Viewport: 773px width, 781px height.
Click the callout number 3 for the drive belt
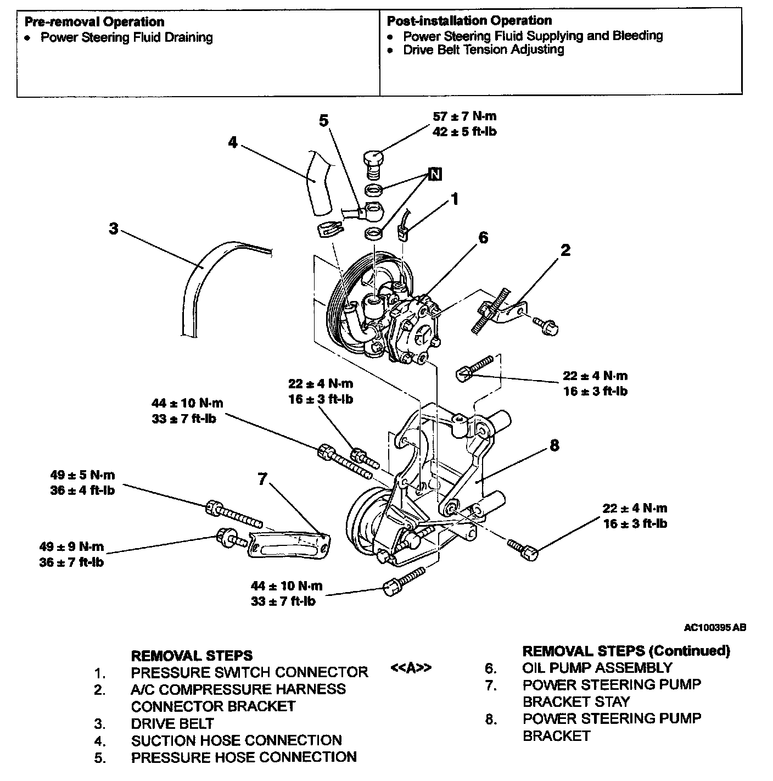click(113, 228)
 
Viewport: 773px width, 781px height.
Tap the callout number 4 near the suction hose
click(233, 142)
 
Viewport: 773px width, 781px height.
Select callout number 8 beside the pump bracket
click(554, 445)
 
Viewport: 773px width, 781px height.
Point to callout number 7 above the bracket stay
click(262, 479)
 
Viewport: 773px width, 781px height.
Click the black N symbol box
click(435, 175)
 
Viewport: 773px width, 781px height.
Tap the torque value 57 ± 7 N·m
click(464, 116)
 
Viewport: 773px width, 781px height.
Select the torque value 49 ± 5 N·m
click(82, 475)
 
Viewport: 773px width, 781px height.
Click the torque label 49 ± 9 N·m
click(71, 546)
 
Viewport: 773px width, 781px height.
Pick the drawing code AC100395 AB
click(715, 627)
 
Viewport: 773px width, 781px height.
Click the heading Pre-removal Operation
click(94, 22)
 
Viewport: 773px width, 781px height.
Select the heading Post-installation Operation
click(469, 21)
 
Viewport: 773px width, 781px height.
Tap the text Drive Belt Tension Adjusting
click(484, 49)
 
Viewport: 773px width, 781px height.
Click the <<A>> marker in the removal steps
click(411, 668)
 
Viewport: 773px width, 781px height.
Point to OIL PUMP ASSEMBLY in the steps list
click(597, 668)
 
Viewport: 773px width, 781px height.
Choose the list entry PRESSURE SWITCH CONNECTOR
click(249, 672)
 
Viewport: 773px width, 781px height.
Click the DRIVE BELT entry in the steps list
click(172, 723)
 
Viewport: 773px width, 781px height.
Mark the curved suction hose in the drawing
click(318, 184)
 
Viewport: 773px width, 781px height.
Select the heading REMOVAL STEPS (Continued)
click(626, 651)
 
